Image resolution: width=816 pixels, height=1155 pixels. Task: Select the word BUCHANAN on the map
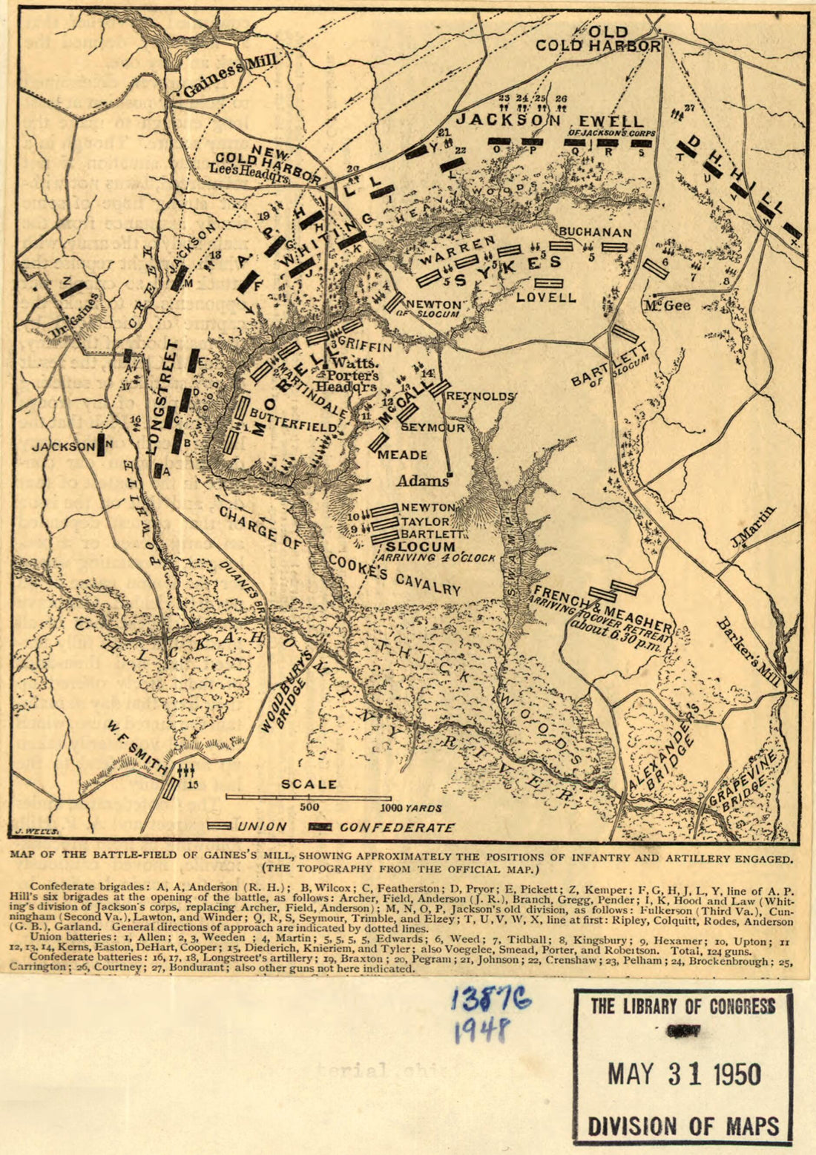[595, 232]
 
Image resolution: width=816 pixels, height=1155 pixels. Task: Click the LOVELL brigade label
[546, 297]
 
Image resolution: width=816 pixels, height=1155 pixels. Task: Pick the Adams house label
[423, 481]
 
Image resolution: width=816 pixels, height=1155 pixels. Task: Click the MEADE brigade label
[403, 455]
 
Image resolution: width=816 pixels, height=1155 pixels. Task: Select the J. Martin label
[752, 527]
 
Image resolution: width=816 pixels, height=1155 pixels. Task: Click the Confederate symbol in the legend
[321, 826]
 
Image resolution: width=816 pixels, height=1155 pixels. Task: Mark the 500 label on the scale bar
[309, 807]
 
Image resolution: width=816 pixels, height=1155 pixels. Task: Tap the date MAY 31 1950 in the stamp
[683, 1074]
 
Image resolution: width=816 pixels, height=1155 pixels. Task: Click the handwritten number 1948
[482, 1030]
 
